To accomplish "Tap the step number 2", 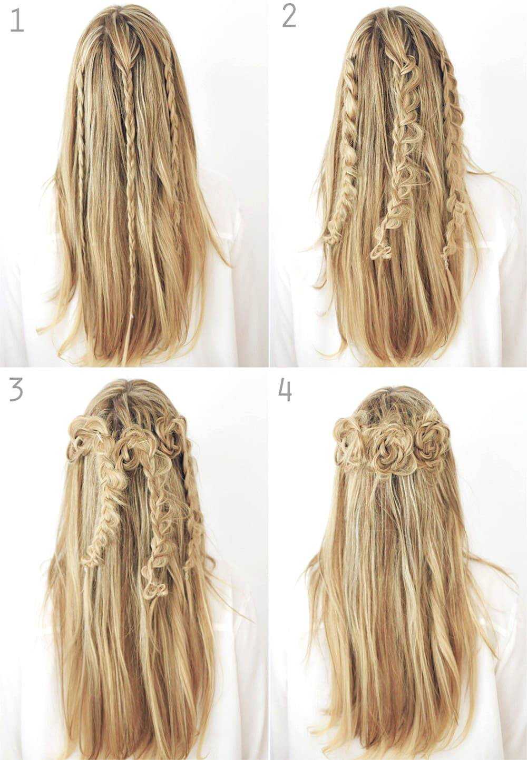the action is pos(289,17).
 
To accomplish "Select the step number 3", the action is pos(16,390).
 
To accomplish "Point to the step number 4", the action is pos(285,390).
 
